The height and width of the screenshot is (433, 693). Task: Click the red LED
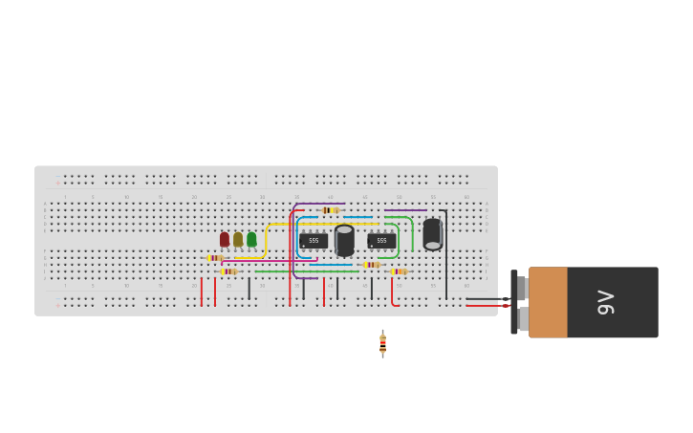point(225,239)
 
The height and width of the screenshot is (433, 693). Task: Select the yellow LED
point(238,239)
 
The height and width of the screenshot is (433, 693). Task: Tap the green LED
point(251,239)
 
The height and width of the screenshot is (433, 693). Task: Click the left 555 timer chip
point(314,241)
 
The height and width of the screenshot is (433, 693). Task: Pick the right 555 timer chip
point(381,241)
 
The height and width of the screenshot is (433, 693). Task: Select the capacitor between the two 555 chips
point(344,240)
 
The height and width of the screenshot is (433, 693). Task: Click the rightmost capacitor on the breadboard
point(432,233)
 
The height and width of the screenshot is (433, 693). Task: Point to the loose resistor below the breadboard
point(382,343)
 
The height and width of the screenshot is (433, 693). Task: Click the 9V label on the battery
point(606,302)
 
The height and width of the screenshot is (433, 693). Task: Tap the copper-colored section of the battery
point(548,302)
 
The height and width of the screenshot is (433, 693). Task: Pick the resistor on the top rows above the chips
point(330,210)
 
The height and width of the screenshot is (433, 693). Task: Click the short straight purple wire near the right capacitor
point(405,210)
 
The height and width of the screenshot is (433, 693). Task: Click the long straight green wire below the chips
point(306,271)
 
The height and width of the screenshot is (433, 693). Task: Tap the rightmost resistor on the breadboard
point(399,271)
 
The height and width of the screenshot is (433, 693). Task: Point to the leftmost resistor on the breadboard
point(215,258)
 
